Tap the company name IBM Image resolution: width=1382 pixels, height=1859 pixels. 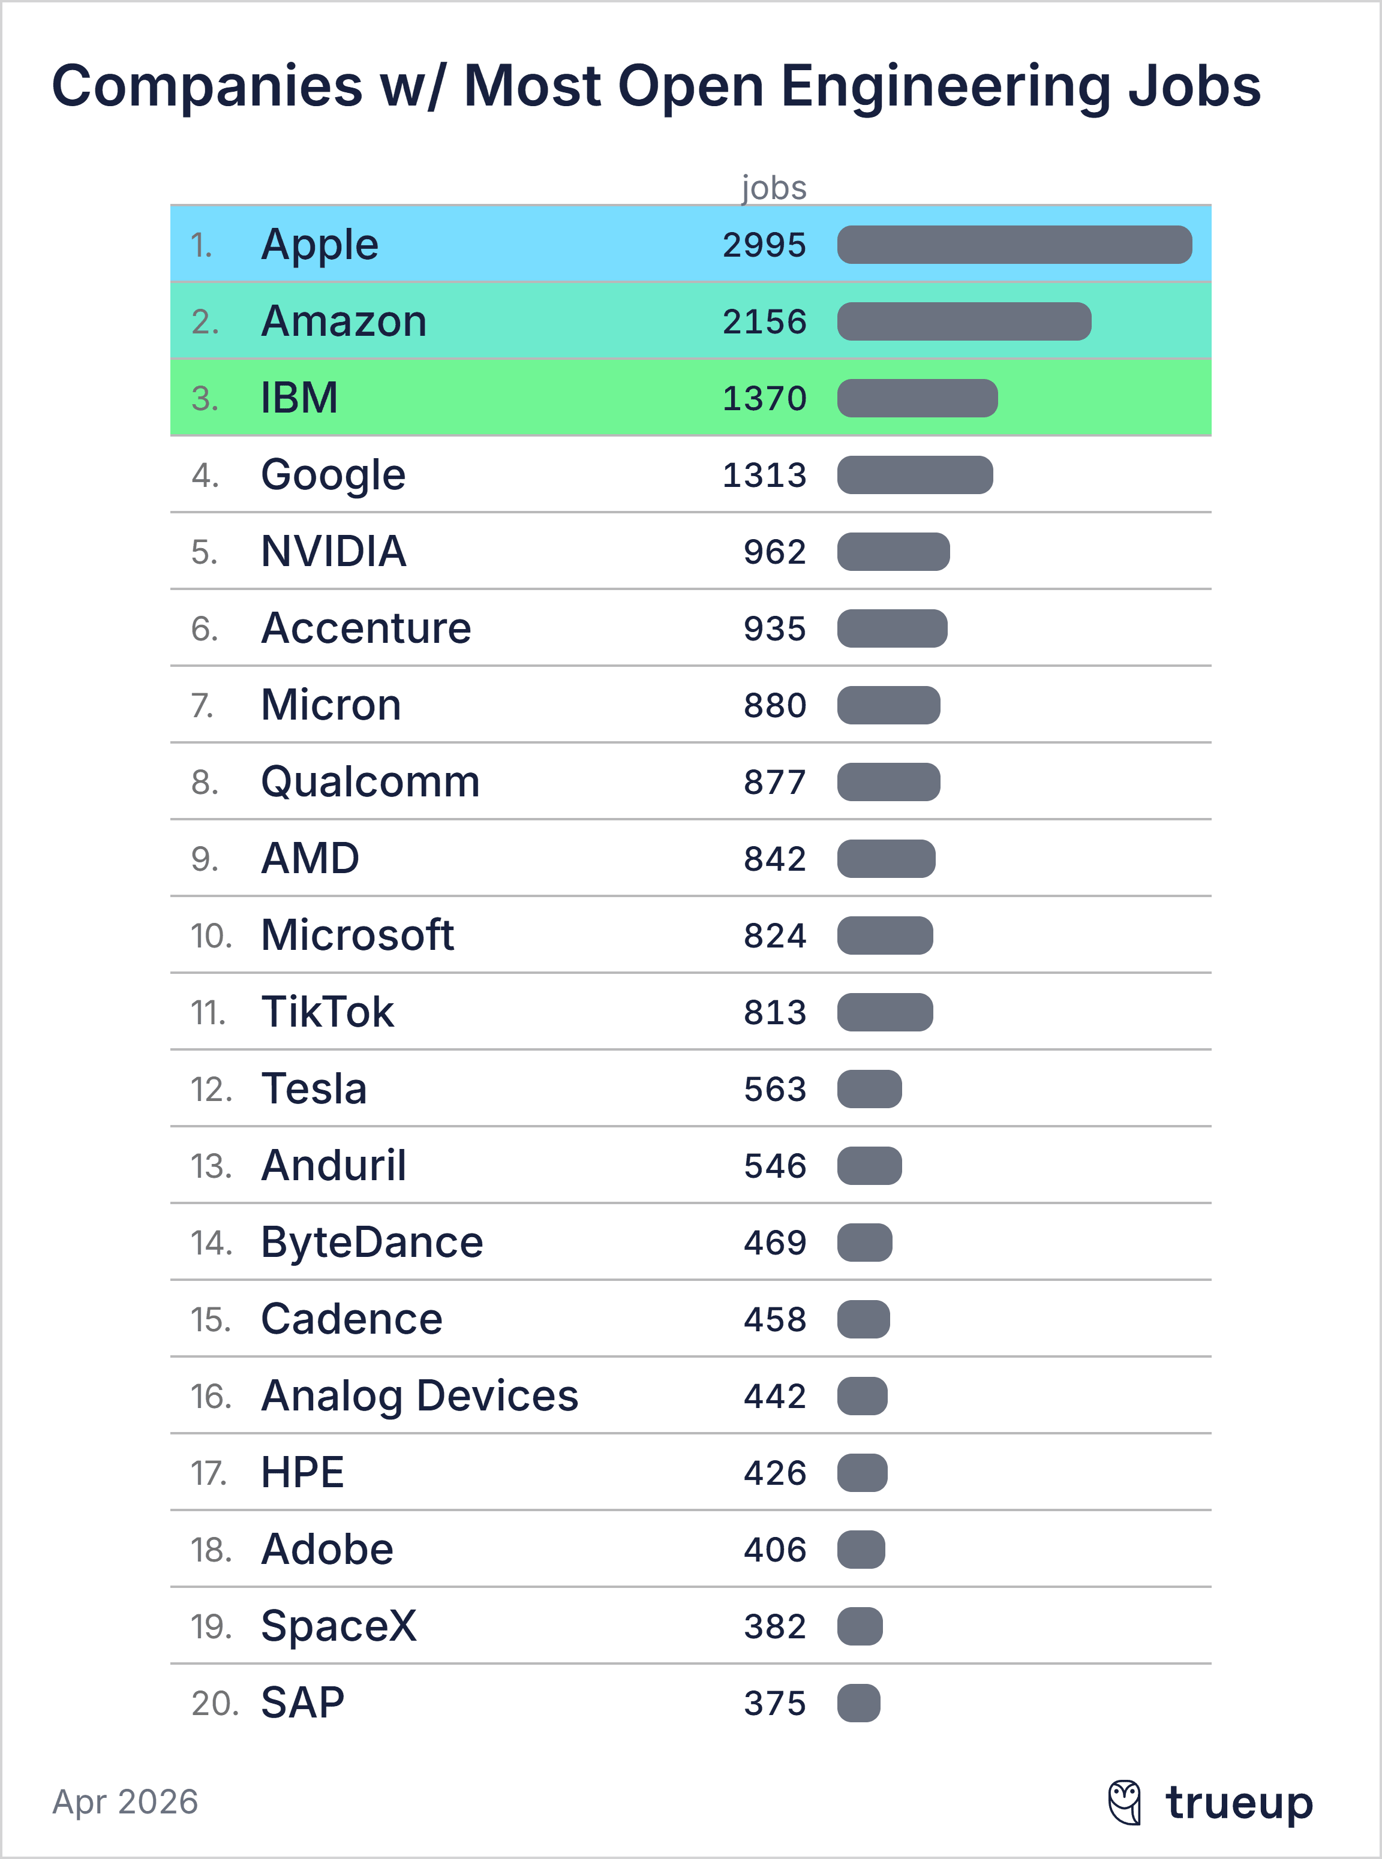pyautogui.click(x=299, y=398)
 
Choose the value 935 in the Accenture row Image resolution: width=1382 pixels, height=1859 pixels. pyautogui.click(x=774, y=629)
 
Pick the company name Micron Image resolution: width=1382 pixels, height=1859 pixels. pyautogui.click(x=331, y=705)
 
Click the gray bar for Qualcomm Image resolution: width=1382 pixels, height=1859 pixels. pyautogui.click(x=888, y=782)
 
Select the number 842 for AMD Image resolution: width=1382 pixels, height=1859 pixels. pyautogui.click(x=774, y=859)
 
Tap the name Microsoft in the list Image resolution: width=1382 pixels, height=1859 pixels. pyautogui.click(x=357, y=935)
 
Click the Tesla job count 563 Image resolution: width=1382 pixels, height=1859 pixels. pyautogui.click(x=774, y=1089)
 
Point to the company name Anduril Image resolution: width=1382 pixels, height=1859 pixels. pyautogui.click(x=334, y=1166)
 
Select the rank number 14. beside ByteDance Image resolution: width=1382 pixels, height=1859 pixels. pyautogui.click(x=210, y=1243)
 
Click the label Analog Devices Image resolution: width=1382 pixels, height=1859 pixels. pyautogui.click(x=419, y=1395)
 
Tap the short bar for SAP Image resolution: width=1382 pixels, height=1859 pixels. pyautogui.click(x=858, y=1702)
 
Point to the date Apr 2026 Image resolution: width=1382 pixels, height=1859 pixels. pyautogui.click(x=125, y=1801)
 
